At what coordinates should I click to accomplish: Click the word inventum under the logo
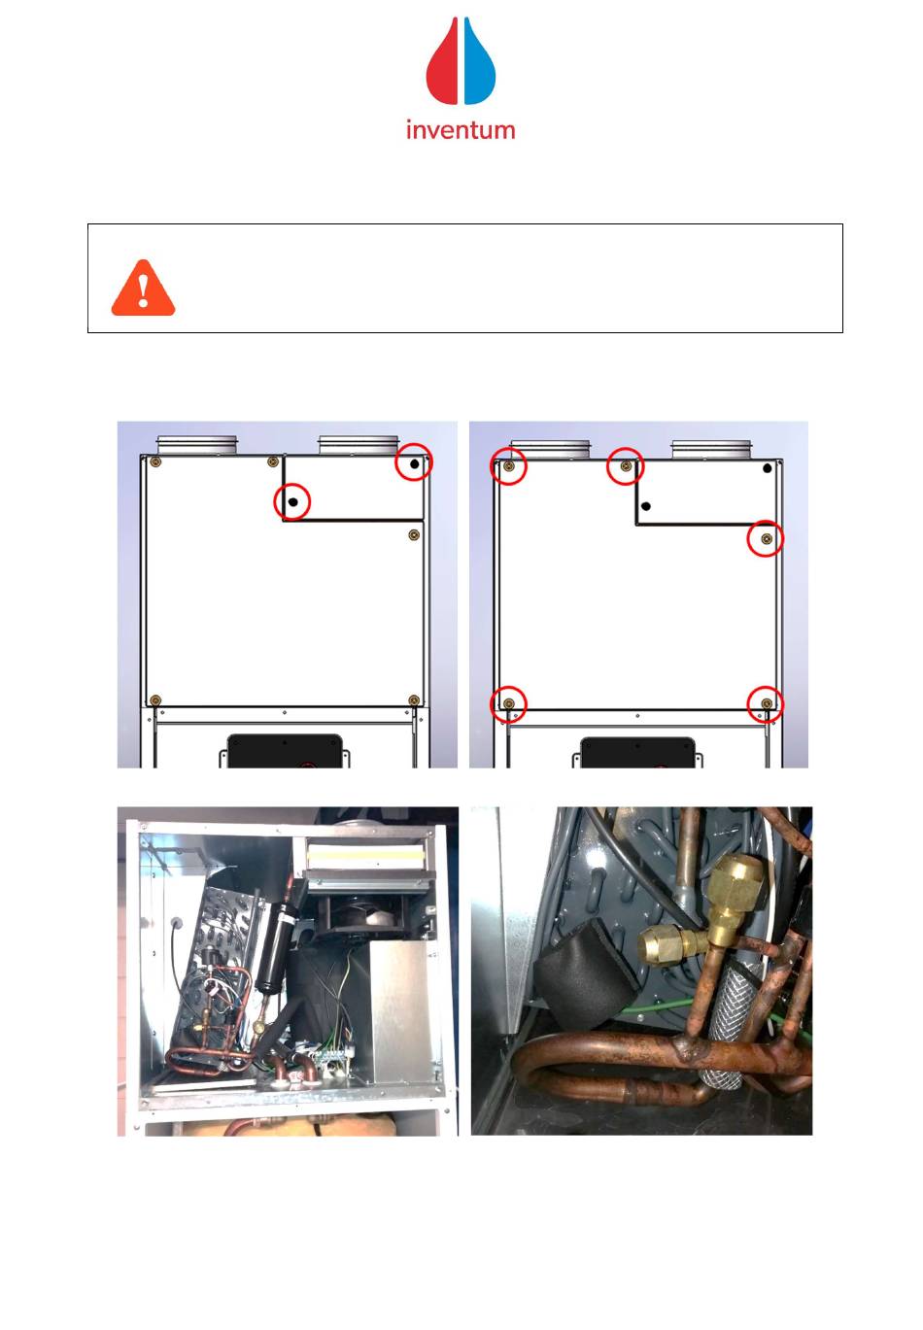coord(461,130)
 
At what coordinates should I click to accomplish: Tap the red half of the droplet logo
coord(441,65)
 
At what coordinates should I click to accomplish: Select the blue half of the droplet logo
coord(479,65)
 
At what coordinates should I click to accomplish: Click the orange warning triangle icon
coord(143,289)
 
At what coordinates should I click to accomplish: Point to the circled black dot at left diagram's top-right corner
coord(414,463)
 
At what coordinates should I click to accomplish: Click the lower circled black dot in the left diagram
coord(292,501)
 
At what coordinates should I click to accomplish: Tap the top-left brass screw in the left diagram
coord(156,462)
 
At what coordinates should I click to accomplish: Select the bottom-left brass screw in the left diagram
coord(155,699)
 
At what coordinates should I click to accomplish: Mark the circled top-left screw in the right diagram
coord(508,466)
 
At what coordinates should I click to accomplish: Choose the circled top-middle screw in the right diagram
coord(625,466)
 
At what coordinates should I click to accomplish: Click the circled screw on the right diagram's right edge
coord(766,538)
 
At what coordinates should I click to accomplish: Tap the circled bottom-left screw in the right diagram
coord(508,703)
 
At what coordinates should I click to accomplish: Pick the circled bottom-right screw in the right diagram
coord(767,703)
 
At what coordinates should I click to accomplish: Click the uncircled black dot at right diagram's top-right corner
coord(767,468)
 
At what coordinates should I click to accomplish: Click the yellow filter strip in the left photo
coord(364,856)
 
